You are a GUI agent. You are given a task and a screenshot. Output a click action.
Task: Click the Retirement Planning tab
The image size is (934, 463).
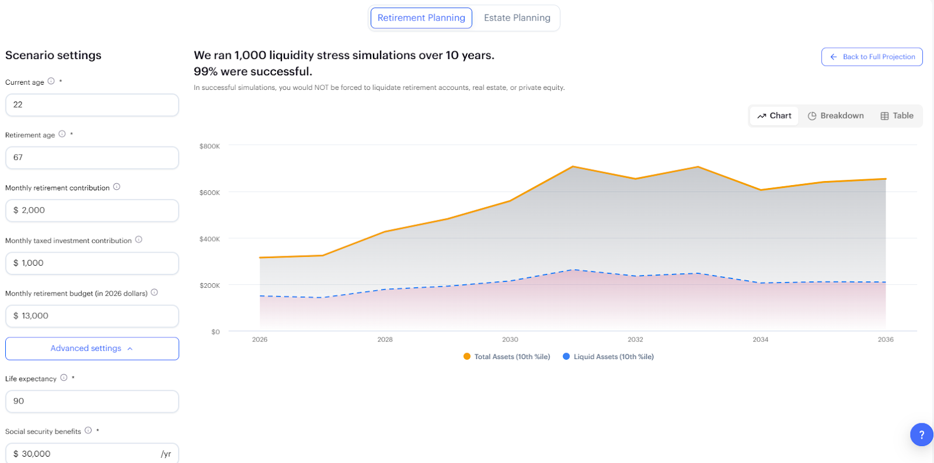pyautogui.click(x=421, y=18)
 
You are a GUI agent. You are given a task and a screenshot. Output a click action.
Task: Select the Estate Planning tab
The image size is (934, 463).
pyautogui.click(x=517, y=18)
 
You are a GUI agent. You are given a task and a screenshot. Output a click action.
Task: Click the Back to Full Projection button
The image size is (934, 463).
pyautogui.click(x=872, y=57)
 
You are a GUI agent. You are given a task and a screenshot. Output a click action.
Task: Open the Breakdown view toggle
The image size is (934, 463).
pyautogui.click(x=835, y=116)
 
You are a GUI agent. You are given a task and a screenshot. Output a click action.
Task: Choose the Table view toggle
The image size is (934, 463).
pyautogui.click(x=897, y=116)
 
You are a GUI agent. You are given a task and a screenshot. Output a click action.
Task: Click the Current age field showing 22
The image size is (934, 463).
pyautogui.click(x=92, y=105)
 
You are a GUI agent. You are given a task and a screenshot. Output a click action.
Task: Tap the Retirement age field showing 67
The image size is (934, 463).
pyautogui.click(x=92, y=158)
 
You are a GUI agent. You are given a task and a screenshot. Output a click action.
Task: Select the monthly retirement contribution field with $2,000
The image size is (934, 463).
pyautogui.click(x=92, y=211)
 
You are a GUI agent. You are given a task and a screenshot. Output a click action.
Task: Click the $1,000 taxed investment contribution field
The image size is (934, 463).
pyautogui.click(x=92, y=263)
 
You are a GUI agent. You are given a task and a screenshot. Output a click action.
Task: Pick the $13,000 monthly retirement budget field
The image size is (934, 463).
pyautogui.click(x=92, y=316)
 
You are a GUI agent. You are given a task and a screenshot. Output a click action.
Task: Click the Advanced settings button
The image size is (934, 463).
pyautogui.click(x=92, y=349)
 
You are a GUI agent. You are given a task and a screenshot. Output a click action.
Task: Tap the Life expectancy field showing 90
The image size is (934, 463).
pyautogui.click(x=92, y=402)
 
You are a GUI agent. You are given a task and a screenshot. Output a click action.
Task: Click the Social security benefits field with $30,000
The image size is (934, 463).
pyautogui.click(x=92, y=454)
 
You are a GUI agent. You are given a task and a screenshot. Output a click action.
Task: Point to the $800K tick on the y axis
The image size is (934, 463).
pyautogui.click(x=210, y=146)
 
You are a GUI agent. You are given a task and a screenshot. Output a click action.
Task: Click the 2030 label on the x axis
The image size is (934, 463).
pyautogui.click(x=510, y=339)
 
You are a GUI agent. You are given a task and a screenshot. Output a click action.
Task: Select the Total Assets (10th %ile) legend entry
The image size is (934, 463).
pyautogui.click(x=507, y=357)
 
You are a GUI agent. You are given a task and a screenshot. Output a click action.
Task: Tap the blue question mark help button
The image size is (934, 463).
pyautogui.click(x=921, y=434)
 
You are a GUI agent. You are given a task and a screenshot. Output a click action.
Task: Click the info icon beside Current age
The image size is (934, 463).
pyautogui.click(x=51, y=81)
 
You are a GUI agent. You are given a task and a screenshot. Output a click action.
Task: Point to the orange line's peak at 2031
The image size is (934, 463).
pyautogui.click(x=573, y=167)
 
